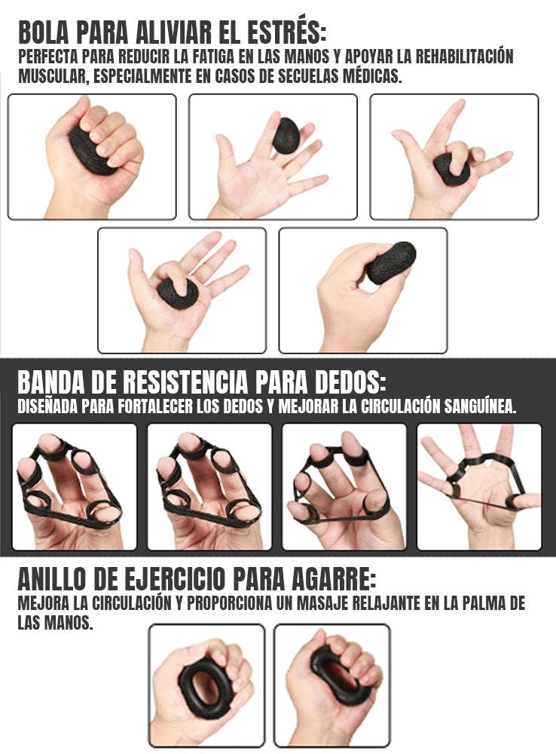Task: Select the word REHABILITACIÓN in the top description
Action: pos(465,57)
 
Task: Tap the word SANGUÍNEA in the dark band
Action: pos(480,406)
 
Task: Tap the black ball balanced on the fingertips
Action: pos(286,135)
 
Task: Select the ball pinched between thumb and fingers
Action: pos(390,262)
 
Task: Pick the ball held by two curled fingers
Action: pos(452,169)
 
